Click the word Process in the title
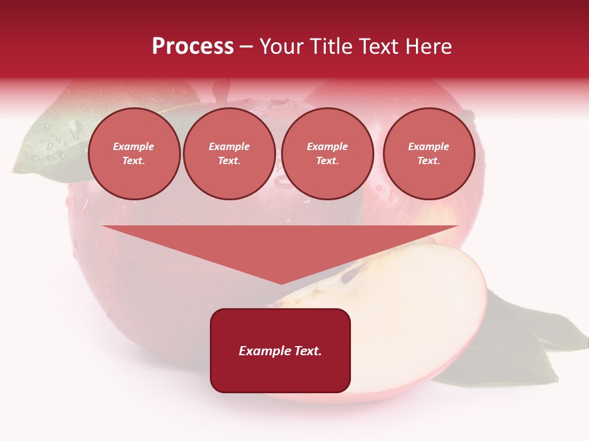point(193,47)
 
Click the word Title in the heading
point(330,47)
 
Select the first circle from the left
point(134,154)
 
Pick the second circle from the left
point(229,154)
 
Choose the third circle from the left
point(328,154)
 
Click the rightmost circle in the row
point(429,154)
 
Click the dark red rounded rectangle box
point(280,374)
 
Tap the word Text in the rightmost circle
point(428,160)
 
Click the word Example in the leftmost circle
point(134,146)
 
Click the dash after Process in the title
point(246,47)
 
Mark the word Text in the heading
point(379,47)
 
